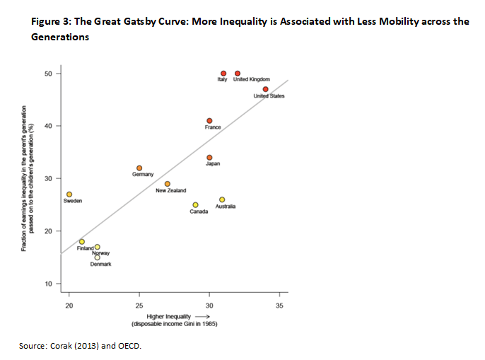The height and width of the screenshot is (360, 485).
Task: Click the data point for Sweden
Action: pos(69,194)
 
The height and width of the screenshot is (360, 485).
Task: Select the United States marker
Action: pos(265,89)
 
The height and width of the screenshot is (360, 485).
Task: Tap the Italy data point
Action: pos(223,74)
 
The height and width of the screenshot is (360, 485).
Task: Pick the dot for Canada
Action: pos(195,205)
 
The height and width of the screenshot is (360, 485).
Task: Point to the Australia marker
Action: pos(222,199)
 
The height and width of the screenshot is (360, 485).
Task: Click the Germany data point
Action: pos(139,168)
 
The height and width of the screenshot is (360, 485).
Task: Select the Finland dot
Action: pos(82,242)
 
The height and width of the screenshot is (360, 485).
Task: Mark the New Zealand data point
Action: pos(168,183)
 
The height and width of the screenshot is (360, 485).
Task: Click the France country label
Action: pos(213,127)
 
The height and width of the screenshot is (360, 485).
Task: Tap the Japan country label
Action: pos(213,164)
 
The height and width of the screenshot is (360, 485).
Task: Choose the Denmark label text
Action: pos(100,265)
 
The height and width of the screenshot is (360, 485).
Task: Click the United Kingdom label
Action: pos(252,80)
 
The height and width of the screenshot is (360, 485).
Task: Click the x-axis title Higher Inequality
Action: pos(167,316)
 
